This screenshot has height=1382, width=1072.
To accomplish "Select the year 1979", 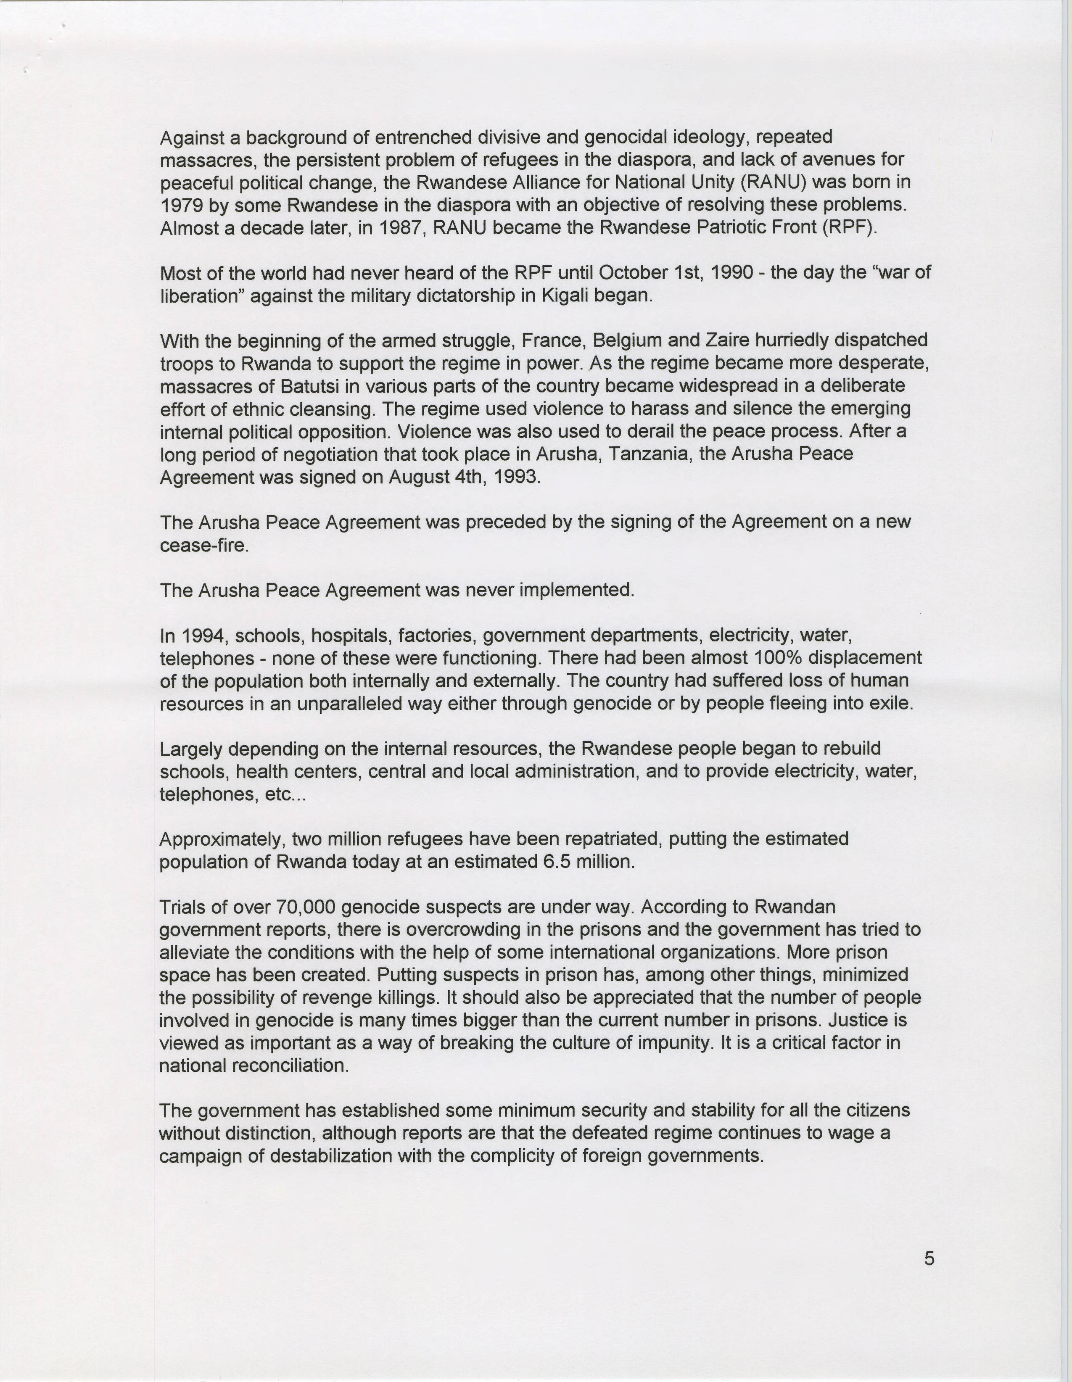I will click(x=181, y=205).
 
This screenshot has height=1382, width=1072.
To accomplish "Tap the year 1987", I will click(x=401, y=228).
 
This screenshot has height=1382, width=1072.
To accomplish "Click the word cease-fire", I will click(x=204, y=545).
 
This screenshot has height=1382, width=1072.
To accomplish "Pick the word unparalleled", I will click(x=357, y=704).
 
